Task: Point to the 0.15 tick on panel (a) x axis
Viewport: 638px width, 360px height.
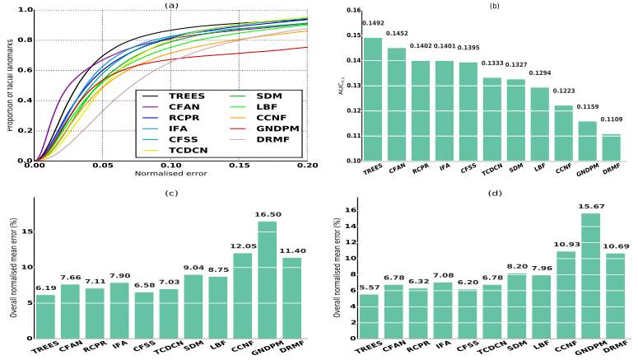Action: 238,166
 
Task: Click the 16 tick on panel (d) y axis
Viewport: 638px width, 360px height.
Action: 348,210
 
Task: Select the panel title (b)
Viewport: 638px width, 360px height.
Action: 495,5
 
